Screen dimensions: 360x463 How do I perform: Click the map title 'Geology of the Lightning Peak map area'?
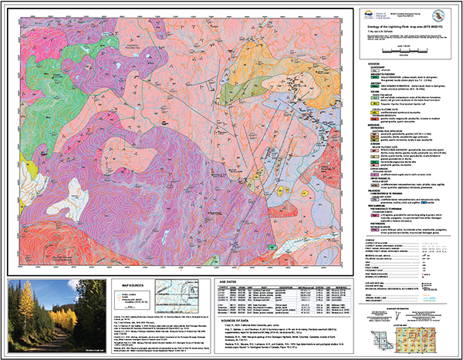401,25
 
